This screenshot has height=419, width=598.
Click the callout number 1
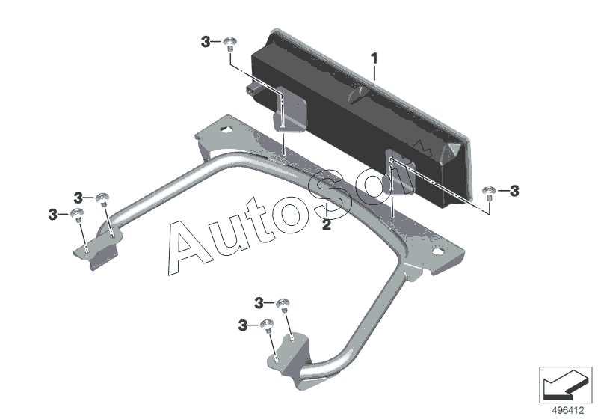point(374,58)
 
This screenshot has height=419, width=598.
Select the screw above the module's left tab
point(231,43)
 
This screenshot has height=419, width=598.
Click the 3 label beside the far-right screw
point(514,191)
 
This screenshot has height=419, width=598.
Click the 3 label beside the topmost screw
point(206,43)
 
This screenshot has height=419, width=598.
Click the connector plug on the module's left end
point(253,91)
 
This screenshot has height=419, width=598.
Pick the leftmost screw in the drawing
point(78,215)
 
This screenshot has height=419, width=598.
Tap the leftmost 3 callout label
point(52,215)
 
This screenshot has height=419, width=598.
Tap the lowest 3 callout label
point(243,325)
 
